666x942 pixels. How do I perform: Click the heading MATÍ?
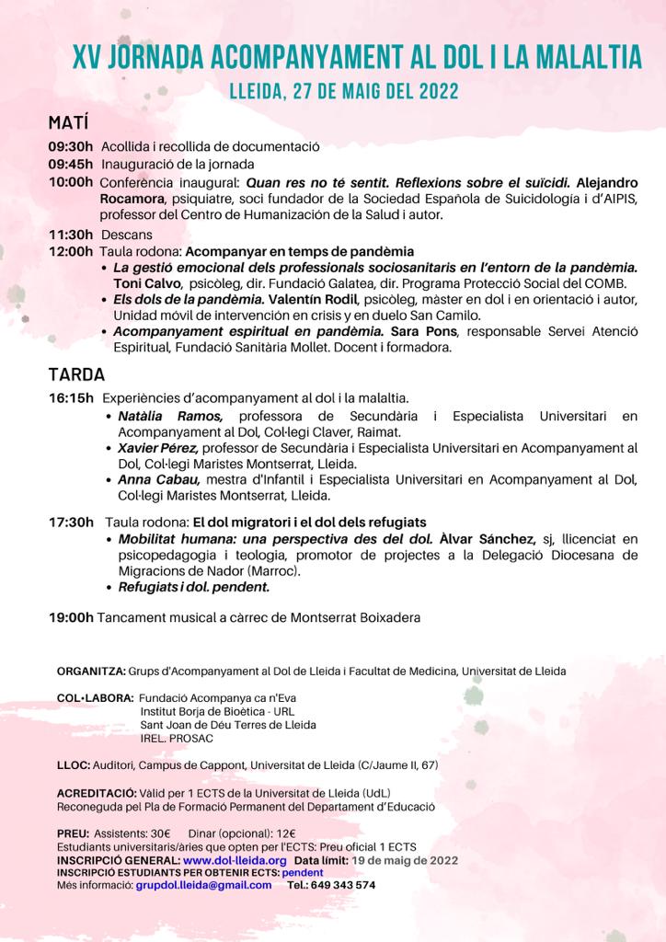click(68, 123)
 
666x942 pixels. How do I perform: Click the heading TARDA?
click(76, 374)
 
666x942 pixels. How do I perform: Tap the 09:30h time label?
click(71, 146)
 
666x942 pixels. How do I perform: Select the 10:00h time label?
click(71, 181)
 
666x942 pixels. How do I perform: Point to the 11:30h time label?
click(71, 234)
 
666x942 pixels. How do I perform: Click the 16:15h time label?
click(71, 398)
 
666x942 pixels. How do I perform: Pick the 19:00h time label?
click(71, 617)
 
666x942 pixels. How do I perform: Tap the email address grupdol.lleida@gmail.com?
click(203, 885)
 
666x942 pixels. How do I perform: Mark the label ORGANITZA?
click(90, 671)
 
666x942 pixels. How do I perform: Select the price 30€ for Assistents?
click(160, 833)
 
